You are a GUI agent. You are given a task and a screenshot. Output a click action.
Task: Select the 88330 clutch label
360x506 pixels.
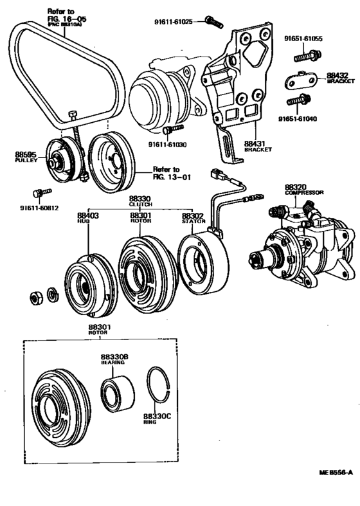click(x=139, y=201)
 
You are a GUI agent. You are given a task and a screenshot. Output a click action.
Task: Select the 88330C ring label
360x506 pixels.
click(x=157, y=419)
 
